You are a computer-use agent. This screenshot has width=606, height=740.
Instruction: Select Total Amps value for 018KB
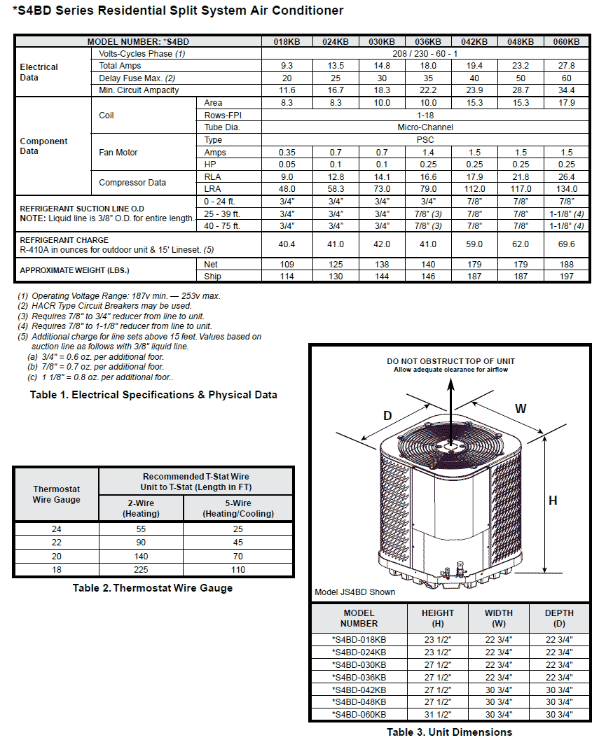[287, 66]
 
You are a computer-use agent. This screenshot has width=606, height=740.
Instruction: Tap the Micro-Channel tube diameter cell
[425, 127]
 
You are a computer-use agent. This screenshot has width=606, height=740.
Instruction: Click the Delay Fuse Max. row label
[137, 78]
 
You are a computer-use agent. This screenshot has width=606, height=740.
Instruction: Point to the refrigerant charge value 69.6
[566, 244]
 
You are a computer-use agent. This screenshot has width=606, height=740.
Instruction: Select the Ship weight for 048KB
[520, 277]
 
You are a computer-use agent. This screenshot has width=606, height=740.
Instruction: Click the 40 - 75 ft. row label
[222, 225]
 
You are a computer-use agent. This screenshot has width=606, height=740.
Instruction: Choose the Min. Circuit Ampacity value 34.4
[566, 90]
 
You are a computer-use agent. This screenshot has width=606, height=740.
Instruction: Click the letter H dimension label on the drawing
[553, 501]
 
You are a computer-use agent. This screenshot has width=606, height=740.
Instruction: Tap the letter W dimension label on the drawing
[521, 408]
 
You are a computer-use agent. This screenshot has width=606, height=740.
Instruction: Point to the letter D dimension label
[387, 416]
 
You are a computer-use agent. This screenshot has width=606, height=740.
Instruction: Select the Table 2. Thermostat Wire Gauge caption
[153, 588]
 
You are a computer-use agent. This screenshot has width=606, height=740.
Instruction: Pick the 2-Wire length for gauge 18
[141, 570]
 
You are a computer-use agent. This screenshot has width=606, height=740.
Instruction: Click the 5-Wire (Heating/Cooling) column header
[238, 508]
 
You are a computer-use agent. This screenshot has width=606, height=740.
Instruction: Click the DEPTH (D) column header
[559, 618]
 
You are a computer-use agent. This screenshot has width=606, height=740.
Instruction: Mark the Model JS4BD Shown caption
[354, 592]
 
